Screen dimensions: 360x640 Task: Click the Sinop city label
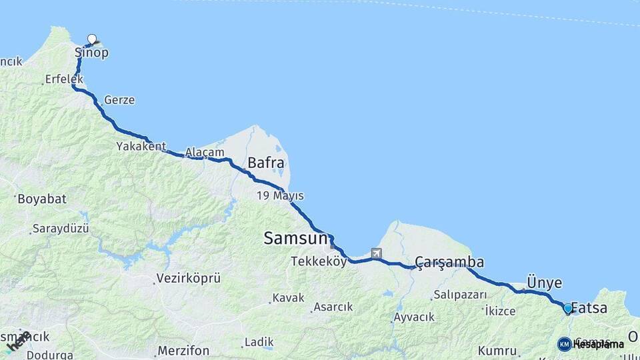pyautogui.click(x=91, y=53)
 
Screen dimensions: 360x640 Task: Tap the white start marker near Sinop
pyautogui.click(x=92, y=39)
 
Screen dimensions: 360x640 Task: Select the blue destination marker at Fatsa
pyautogui.click(x=567, y=309)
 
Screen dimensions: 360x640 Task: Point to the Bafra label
pyautogui.click(x=266, y=163)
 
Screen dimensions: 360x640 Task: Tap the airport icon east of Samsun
pyautogui.click(x=377, y=253)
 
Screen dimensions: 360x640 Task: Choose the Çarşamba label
pyautogui.click(x=449, y=261)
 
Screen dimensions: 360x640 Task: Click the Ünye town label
pyautogui.click(x=544, y=282)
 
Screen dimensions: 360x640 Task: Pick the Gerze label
pyautogui.click(x=119, y=100)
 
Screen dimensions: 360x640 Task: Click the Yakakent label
pyautogui.click(x=141, y=145)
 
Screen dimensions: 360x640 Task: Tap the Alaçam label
pyautogui.click(x=205, y=152)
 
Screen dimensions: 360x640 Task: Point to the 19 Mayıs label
pyautogui.click(x=281, y=196)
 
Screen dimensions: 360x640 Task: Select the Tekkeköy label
pyautogui.click(x=319, y=262)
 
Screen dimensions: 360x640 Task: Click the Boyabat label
pyautogui.click(x=43, y=199)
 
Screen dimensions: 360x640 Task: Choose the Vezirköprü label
pyautogui.click(x=188, y=279)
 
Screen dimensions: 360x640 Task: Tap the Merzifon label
pyautogui.click(x=183, y=350)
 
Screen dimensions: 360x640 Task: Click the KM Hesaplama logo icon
pyautogui.click(x=564, y=344)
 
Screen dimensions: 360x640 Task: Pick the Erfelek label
pyautogui.click(x=64, y=79)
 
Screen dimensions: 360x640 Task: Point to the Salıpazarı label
pyautogui.click(x=461, y=295)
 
